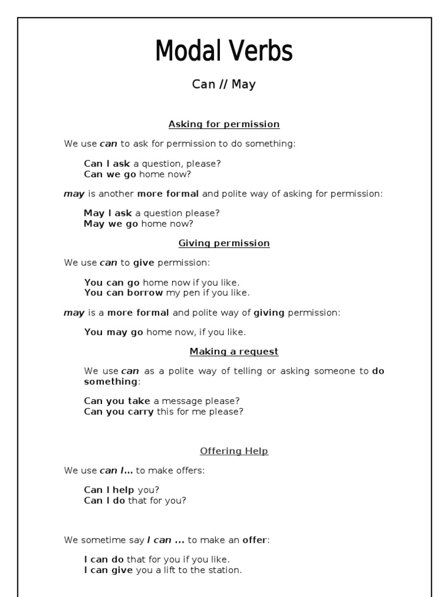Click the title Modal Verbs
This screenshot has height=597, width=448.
[224, 51]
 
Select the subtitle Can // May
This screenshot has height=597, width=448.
[224, 85]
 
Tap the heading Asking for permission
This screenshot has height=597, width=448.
[224, 124]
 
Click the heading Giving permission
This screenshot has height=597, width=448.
[224, 243]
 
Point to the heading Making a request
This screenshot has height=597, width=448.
[234, 352]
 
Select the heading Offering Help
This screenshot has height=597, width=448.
[234, 451]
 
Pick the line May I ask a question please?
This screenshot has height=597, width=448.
[152, 213]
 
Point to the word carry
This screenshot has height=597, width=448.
[139, 412]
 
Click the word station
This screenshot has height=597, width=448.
[225, 570]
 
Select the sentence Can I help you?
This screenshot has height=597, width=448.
[121, 490]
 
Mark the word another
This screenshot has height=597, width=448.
[116, 194]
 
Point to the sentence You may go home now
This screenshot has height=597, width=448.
[165, 332]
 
